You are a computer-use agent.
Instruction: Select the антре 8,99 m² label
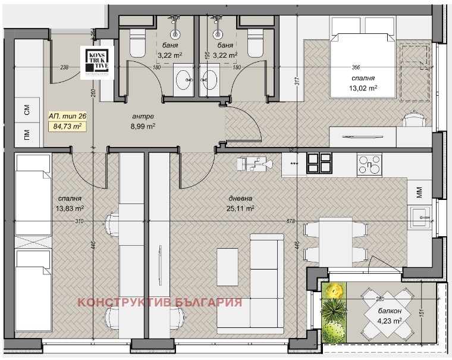pyautogui.click(x=143, y=121)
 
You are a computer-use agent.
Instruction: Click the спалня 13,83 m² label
pyautogui.click(x=70, y=204)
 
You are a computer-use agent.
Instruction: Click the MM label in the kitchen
pyautogui.click(x=420, y=192)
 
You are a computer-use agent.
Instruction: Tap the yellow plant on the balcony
pyautogui.click(x=335, y=291)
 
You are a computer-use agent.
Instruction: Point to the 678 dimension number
pyautogui.click(x=290, y=221)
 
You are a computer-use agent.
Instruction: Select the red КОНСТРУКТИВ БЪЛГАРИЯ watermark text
pyautogui.click(x=160, y=302)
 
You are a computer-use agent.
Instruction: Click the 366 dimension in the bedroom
pyautogui.click(x=356, y=67)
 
